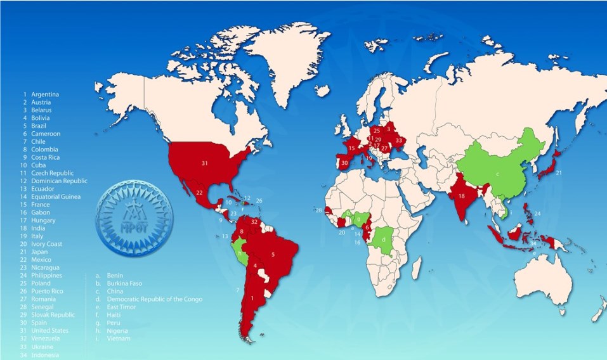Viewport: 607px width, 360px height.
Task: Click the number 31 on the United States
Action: (x=204, y=163)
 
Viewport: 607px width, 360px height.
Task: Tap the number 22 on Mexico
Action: (x=200, y=193)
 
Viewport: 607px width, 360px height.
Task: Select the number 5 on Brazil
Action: (x=273, y=255)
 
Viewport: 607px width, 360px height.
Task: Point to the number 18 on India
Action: (x=462, y=196)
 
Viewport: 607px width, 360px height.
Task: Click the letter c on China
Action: (x=498, y=174)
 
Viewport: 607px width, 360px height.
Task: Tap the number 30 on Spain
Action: (x=344, y=163)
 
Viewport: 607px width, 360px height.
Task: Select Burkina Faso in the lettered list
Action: (x=125, y=284)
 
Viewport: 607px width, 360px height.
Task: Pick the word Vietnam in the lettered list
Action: (x=119, y=339)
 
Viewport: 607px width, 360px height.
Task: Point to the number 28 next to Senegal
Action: (x=318, y=210)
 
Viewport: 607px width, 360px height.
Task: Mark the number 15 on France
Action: (x=351, y=148)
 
